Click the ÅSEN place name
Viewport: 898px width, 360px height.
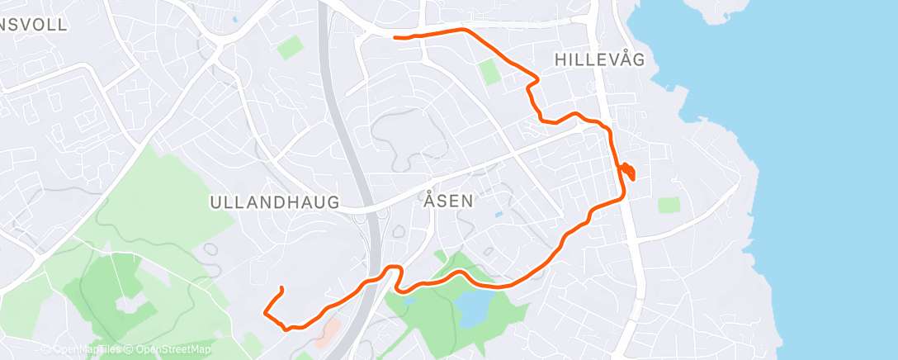(x=449, y=200)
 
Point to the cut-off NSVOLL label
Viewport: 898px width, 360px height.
(x=34, y=24)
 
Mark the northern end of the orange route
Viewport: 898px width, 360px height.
(x=395, y=37)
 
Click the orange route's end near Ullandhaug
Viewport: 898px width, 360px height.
(x=282, y=287)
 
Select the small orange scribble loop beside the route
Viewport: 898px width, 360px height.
(x=628, y=171)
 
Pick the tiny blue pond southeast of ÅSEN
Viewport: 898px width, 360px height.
(x=499, y=216)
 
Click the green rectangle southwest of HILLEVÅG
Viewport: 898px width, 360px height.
(x=490, y=71)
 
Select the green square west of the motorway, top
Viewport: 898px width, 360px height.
(x=289, y=47)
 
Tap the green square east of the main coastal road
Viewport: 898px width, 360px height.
(x=669, y=205)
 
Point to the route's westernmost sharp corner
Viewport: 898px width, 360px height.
(x=263, y=312)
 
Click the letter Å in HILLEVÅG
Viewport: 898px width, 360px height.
(x=625, y=59)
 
